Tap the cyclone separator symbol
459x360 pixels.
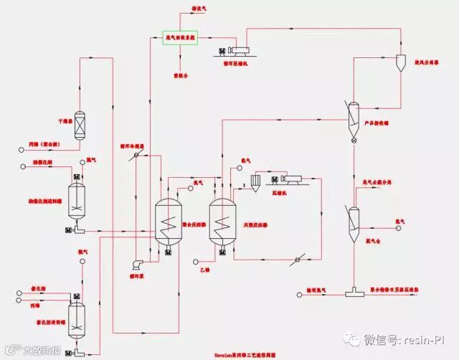coord(402,64)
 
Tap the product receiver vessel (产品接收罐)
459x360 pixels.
coord(354,115)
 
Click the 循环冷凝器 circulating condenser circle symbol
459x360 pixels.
coord(133,157)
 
